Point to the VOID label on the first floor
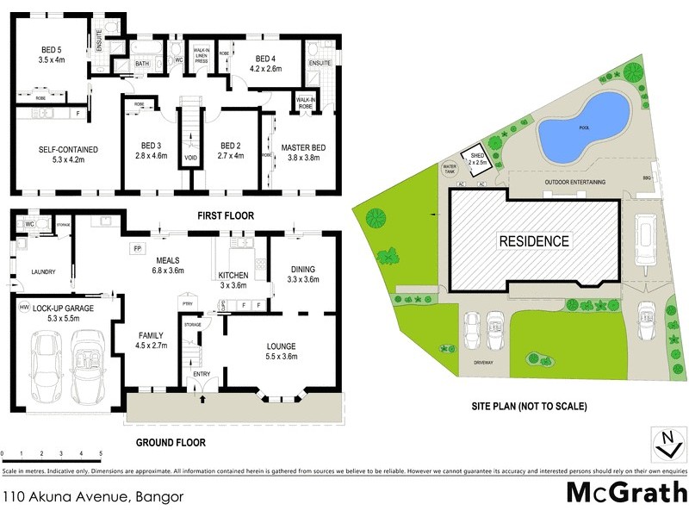[191, 159]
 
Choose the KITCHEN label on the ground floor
[233, 275]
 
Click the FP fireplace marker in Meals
[136, 250]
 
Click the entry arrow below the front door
[202, 399]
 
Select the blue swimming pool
[584, 127]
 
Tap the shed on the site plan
[477, 156]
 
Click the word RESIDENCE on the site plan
[534, 241]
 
